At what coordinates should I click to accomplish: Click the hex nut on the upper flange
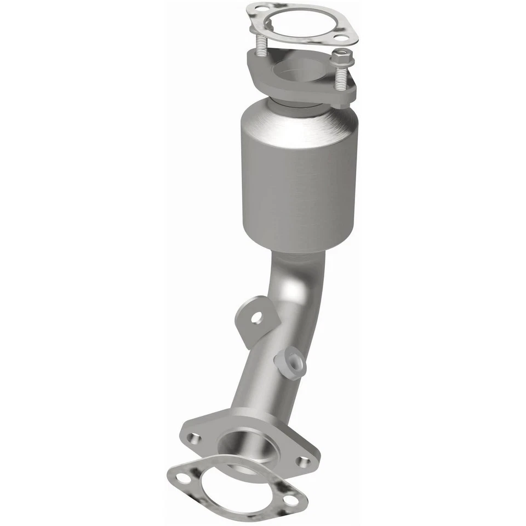click(x=342, y=56)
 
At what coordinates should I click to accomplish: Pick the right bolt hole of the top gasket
click(x=341, y=38)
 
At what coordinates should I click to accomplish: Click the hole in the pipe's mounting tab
click(x=256, y=317)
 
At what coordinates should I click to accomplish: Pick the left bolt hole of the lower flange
click(x=193, y=437)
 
